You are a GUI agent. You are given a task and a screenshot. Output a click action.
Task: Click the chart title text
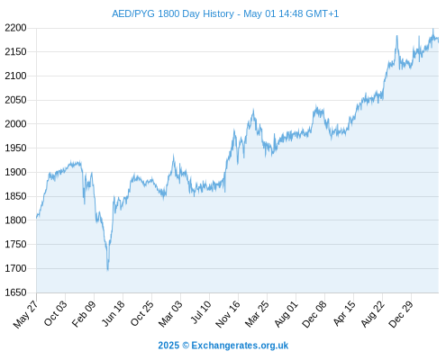225,13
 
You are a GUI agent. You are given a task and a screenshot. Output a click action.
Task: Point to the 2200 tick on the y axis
15,28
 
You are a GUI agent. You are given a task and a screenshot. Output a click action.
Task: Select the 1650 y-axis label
15,292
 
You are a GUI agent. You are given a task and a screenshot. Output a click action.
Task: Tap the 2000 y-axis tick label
15,123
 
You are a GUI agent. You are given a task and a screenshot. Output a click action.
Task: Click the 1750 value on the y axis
15,244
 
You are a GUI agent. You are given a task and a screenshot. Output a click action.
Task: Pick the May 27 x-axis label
26,314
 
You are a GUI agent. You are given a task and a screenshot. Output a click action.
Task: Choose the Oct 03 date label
56,313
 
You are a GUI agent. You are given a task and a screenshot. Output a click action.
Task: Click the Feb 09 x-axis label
84,313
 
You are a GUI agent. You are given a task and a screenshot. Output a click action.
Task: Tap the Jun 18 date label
113,313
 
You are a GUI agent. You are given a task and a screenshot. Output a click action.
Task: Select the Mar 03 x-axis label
170,313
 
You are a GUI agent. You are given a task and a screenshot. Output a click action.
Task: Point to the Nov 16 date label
228,314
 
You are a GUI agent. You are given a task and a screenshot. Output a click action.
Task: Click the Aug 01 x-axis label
287,313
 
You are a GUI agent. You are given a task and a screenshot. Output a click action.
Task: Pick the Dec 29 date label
401,314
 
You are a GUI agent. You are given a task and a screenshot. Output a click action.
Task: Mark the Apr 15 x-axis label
344,313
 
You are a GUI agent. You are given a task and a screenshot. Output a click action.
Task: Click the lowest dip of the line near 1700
107,270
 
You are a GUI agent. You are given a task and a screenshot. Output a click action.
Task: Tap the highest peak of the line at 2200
433,29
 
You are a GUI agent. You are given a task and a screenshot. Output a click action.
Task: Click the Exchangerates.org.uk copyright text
223,346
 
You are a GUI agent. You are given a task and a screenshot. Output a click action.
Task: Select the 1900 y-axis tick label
15,172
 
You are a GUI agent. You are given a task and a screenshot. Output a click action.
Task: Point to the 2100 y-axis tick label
15,76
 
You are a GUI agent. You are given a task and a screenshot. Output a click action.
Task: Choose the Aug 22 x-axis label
373,313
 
